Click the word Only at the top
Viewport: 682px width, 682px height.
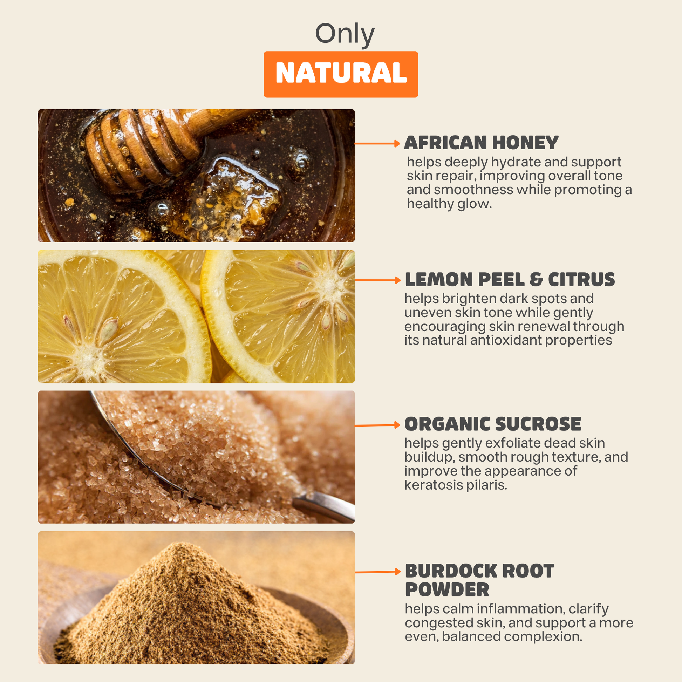pyautogui.click(x=345, y=35)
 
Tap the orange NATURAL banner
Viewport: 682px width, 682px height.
pyautogui.click(x=341, y=74)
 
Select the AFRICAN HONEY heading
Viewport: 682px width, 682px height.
pyautogui.click(x=481, y=143)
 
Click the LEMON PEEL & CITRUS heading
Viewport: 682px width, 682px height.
pyautogui.click(x=510, y=280)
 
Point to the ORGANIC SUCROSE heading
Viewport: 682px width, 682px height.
pyautogui.click(x=493, y=424)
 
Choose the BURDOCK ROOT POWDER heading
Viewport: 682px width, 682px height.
pyautogui.click(x=479, y=580)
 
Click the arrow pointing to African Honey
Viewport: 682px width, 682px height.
pyautogui.click(x=377, y=143)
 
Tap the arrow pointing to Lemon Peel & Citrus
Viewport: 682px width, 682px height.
pyautogui.click(x=377, y=280)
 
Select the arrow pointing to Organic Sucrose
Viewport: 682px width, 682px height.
pyautogui.click(x=377, y=425)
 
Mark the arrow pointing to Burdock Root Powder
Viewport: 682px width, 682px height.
pyautogui.click(x=377, y=572)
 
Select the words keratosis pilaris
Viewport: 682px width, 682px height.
pyautogui.click(x=455, y=485)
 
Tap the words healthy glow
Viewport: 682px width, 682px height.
pyautogui.click(x=449, y=204)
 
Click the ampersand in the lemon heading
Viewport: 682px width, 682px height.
pyautogui.click(x=536, y=280)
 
